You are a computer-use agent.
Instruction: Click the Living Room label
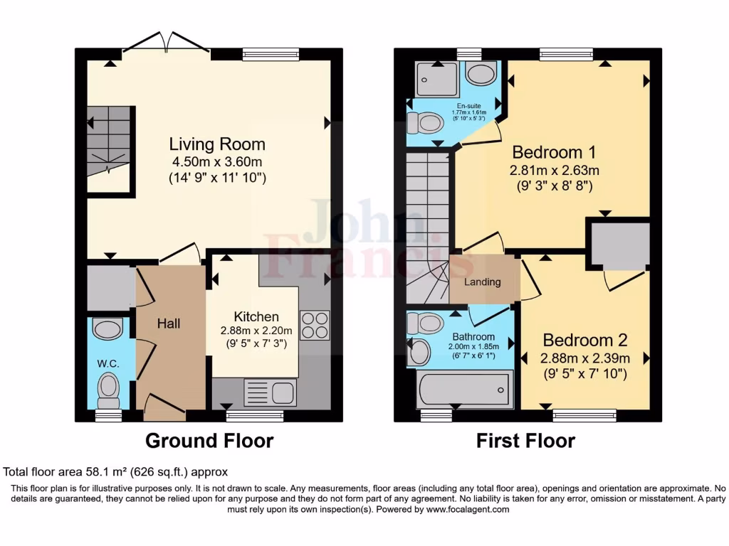(x=206, y=144)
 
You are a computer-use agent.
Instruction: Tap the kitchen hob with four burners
(x=315, y=325)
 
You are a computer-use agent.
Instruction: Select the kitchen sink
(x=270, y=392)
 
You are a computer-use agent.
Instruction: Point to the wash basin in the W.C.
(x=107, y=329)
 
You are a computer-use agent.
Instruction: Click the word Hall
(x=169, y=323)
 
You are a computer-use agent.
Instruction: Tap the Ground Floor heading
(x=209, y=441)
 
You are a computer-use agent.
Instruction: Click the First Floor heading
(x=525, y=441)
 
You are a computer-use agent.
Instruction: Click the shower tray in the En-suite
(x=435, y=79)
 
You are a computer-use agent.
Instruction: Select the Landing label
(x=482, y=282)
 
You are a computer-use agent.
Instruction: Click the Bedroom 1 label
(x=554, y=152)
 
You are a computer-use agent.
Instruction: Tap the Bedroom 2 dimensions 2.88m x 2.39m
(x=584, y=358)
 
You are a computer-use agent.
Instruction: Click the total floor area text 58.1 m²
(x=115, y=471)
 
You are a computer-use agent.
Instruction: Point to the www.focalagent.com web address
(x=467, y=509)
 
